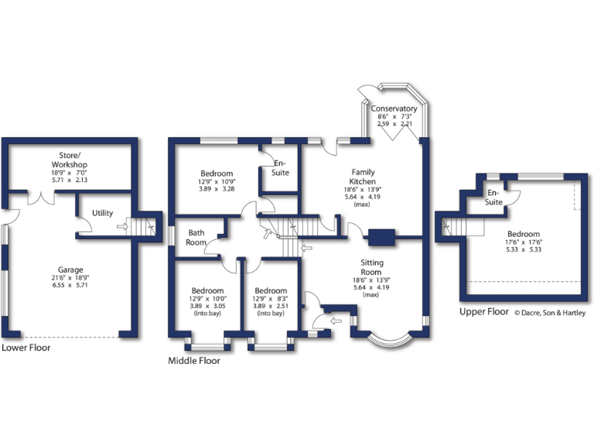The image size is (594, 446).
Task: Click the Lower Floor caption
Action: pyautogui.click(x=26, y=348)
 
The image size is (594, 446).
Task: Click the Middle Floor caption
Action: pyautogui.click(x=194, y=361)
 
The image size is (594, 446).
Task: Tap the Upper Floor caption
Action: pyautogui.click(x=484, y=312)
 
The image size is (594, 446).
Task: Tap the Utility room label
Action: pyautogui.click(x=102, y=213)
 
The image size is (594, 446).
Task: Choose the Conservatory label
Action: pyautogui.click(x=394, y=109)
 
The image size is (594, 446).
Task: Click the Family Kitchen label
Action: pyautogui.click(x=364, y=177)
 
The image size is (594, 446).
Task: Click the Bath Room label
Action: pyautogui.click(x=196, y=237)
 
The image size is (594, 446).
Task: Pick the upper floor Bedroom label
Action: pyautogui.click(x=524, y=234)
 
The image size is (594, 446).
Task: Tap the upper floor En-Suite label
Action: pyautogui.click(x=493, y=197)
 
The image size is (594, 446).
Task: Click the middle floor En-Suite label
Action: pyautogui.click(x=280, y=167)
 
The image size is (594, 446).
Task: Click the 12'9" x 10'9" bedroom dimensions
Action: pyautogui.click(x=217, y=181)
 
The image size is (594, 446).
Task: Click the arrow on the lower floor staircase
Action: pyautogui.click(x=121, y=228)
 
